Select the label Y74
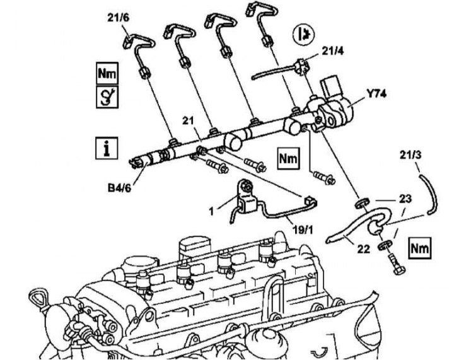coord(376,95)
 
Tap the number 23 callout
coord(404,199)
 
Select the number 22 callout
coord(363,248)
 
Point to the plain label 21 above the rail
coord(187,120)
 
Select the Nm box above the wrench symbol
coord(106,73)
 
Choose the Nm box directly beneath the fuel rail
coord(288,159)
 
